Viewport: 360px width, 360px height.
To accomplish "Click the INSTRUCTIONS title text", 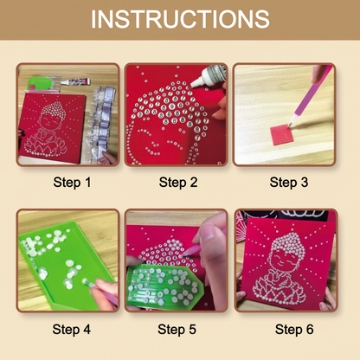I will click(180, 19).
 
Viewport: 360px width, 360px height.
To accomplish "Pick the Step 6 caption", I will click(287, 328).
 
